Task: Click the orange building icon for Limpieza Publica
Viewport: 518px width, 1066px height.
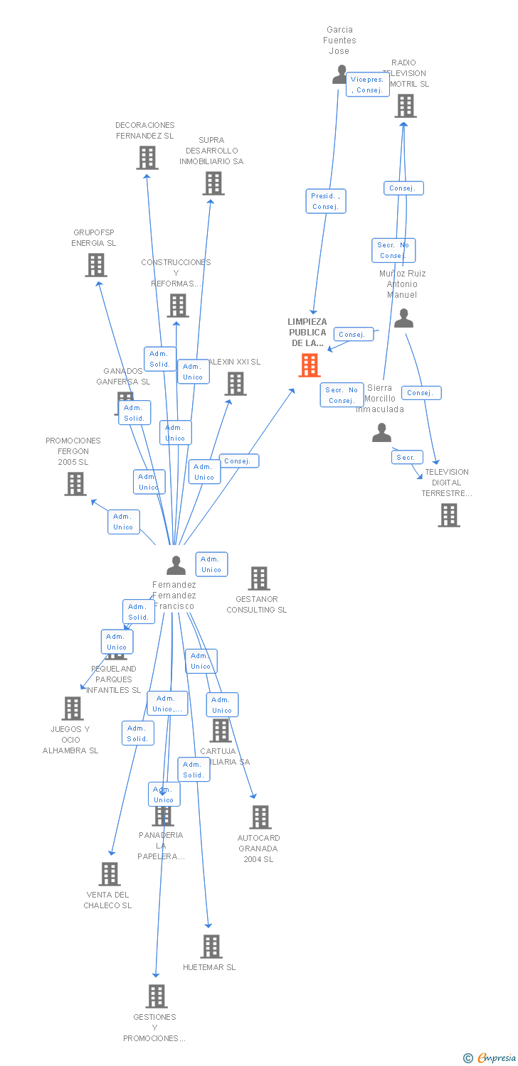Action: pos(310,365)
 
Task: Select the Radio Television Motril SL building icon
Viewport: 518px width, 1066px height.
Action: pos(405,106)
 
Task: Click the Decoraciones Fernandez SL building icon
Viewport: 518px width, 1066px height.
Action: pos(147,158)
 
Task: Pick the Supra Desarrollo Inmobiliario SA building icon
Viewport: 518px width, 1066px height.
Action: pos(213,183)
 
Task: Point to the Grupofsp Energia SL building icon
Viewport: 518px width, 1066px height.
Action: pos(96,265)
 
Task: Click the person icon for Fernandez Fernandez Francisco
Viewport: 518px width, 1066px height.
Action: pos(176,566)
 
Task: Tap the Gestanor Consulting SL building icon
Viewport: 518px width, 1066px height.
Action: pos(259,578)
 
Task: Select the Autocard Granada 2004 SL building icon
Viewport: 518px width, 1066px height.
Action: pos(260,817)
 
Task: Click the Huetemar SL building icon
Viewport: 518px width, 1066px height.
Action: pos(211,947)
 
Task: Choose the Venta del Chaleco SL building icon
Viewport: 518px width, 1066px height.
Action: pos(110,874)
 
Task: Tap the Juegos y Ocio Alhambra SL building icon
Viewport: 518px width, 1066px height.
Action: pos(73,709)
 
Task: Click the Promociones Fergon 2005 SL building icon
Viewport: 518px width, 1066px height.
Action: pos(75,484)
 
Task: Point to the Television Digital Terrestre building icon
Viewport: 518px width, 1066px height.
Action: pos(449,515)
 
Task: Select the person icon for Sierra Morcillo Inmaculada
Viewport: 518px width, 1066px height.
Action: pos(382,433)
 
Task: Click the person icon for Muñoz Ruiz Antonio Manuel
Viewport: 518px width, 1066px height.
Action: pos(403,318)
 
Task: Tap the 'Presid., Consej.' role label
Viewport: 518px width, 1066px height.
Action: pos(326,201)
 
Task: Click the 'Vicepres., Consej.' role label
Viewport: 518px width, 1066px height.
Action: pos(367,85)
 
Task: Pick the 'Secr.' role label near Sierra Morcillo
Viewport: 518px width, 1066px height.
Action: pos(407,457)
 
